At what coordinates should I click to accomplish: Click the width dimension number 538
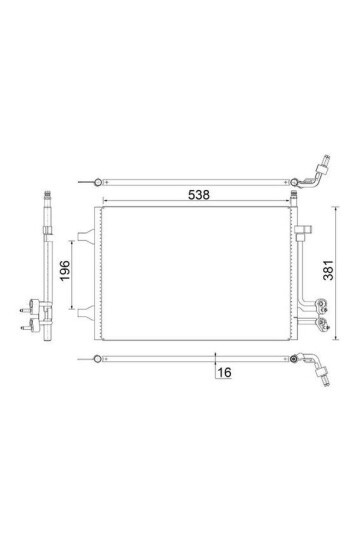pos(199,195)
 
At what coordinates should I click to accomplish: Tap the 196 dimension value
pos(65,271)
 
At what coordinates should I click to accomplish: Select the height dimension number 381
pos(328,270)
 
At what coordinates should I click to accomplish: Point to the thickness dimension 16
pos(224,372)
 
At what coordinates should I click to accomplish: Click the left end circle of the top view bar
pos(98,182)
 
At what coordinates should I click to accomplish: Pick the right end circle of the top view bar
pos(294,182)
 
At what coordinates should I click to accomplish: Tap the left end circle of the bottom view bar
pos(98,359)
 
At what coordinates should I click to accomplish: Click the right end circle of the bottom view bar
pos(294,359)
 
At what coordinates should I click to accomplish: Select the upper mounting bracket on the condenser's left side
pos(86,236)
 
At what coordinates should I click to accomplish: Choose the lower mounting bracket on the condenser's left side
pos(86,312)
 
